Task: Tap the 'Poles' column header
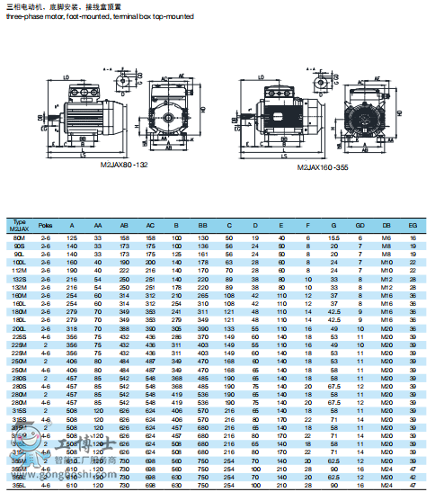46,225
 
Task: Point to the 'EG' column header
412,225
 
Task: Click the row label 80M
18,237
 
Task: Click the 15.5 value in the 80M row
333,237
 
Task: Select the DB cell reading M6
386,237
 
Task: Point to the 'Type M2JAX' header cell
18,225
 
